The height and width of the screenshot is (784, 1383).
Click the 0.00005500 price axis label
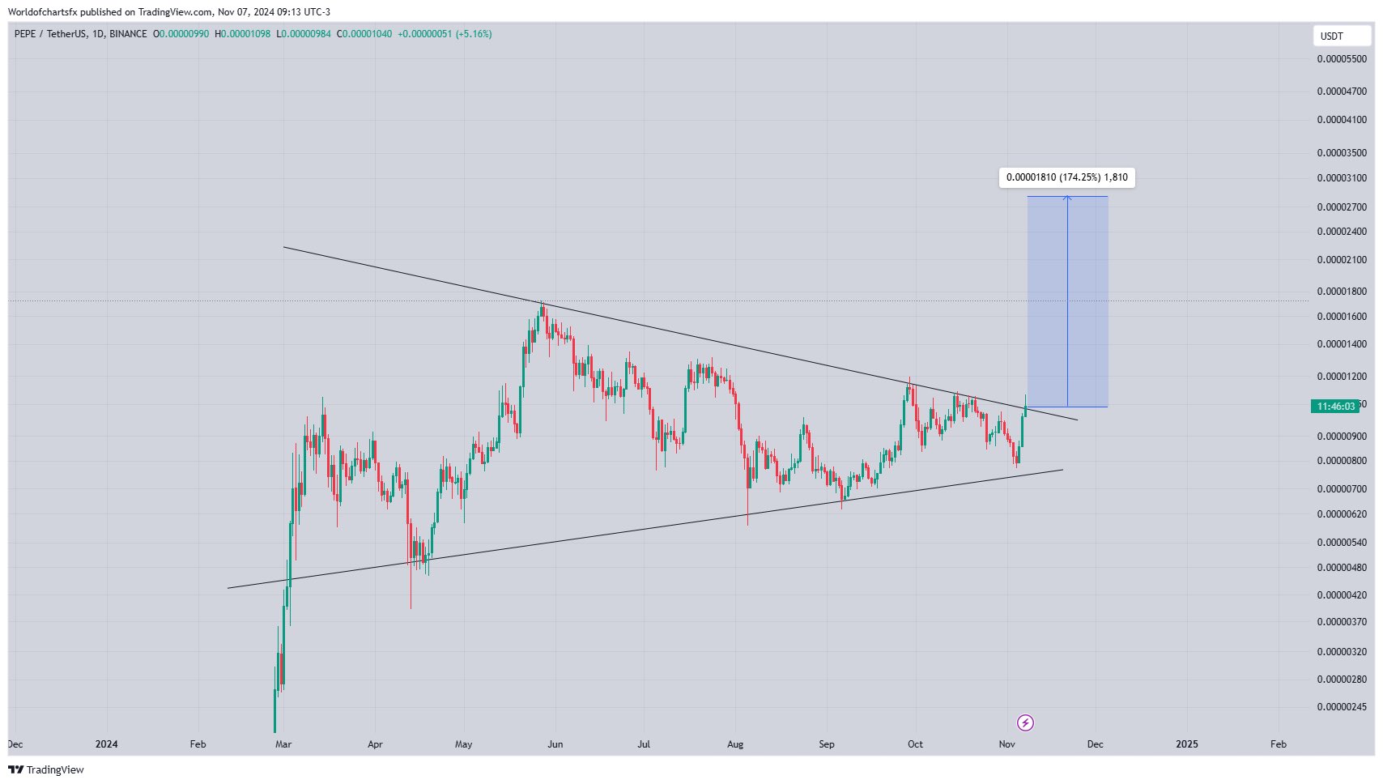(x=1341, y=59)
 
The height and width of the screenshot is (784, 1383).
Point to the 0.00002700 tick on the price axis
(x=1341, y=207)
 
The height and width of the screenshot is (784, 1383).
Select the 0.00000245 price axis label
(x=1341, y=707)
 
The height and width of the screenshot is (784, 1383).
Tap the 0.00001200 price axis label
(x=1341, y=377)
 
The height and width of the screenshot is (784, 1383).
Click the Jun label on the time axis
(x=555, y=744)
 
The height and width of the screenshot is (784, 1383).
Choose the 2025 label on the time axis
(x=1186, y=744)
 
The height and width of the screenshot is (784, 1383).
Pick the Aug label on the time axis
(x=734, y=744)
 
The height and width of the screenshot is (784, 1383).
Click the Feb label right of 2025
(x=1278, y=744)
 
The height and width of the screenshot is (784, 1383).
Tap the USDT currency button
(x=1332, y=36)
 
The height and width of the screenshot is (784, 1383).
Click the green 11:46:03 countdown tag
(x=1335, y=407)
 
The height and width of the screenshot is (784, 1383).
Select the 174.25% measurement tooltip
(x=1066, y=177)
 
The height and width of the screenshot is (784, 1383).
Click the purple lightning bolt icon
(x=1025, y=722)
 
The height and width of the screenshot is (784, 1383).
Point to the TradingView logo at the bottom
(x=46, y=769)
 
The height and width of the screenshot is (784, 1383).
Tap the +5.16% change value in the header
(x=474, y=34)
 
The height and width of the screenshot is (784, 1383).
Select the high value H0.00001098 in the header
(x=242, y=34)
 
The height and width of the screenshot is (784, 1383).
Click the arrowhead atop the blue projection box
(x=1067, y=198)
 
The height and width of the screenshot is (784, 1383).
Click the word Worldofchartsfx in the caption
(x=42, y=12)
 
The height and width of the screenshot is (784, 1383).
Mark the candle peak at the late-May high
(x=542, y=303)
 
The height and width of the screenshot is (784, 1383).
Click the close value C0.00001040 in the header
(x=364, y=34)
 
